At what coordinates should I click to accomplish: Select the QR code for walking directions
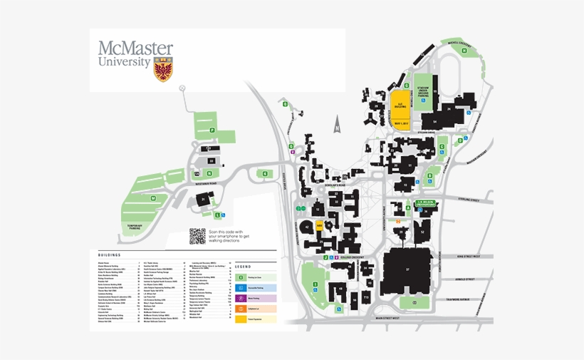(x=197, y=236)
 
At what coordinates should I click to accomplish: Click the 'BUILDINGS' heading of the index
(x=110, y=254)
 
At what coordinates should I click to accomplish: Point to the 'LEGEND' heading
(x=243, y=266)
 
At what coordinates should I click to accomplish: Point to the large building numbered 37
(x=407, y=269)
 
